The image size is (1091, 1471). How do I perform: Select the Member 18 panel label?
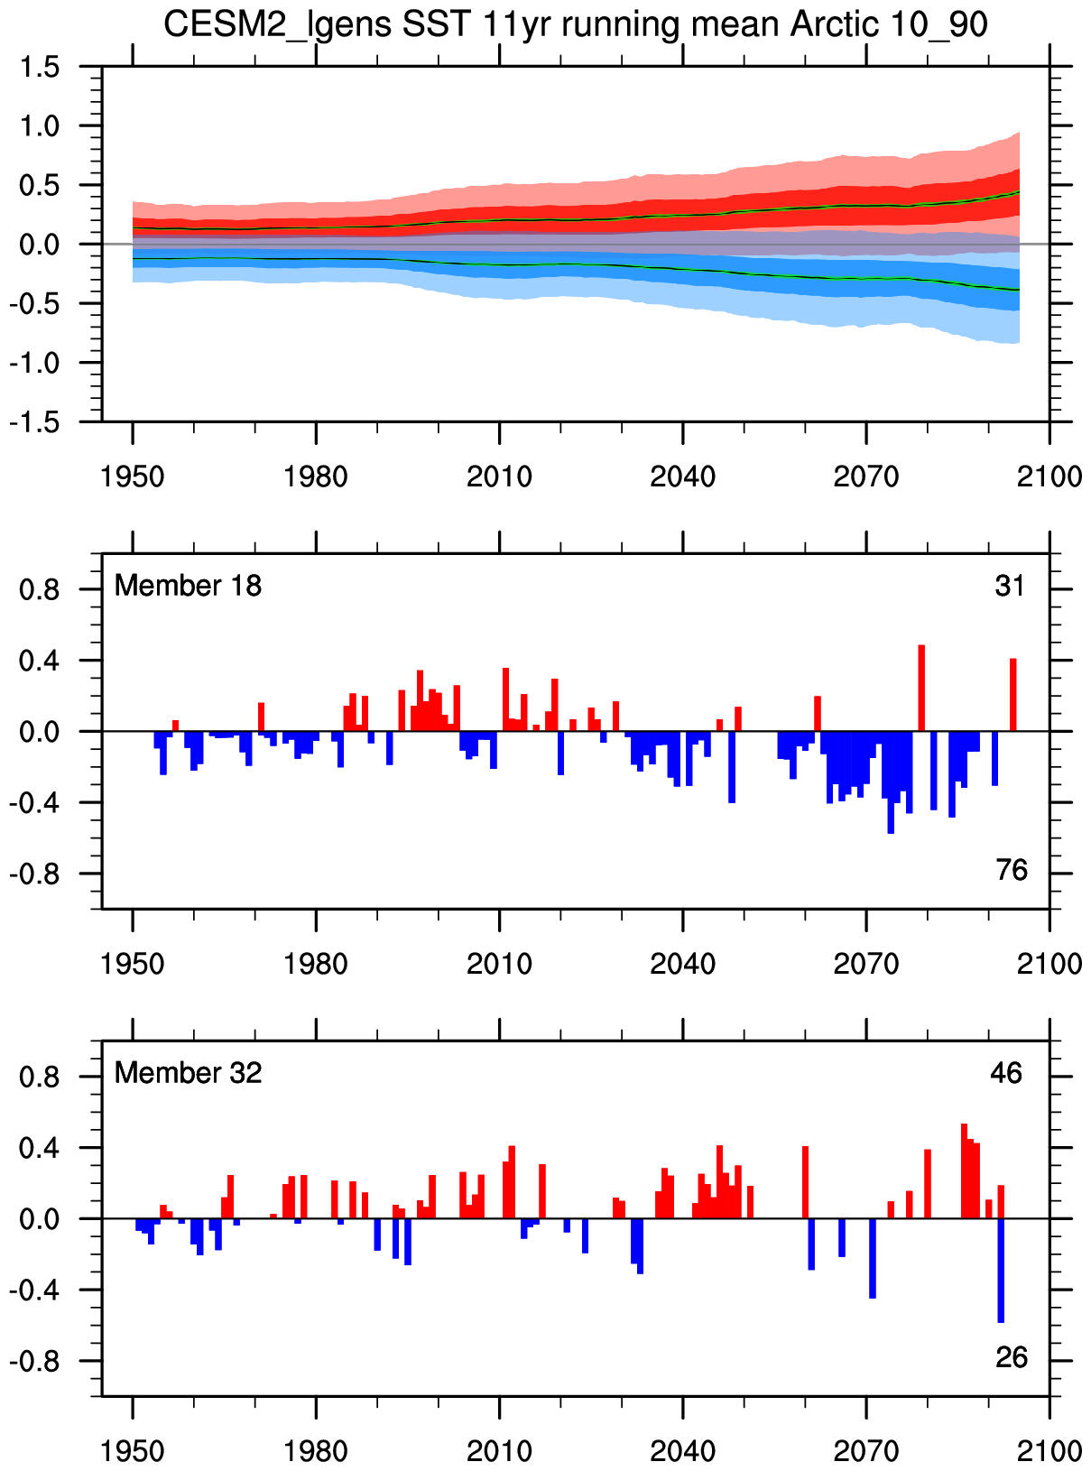click(x=188, y=586)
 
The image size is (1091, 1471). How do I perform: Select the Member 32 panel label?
click(x=188, y=1073)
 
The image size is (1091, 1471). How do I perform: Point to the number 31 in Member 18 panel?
click(x=1010, y=587)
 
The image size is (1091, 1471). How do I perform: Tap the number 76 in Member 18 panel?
click(x=1012, y=870)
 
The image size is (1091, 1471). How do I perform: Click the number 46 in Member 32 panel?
click(x=1006, y=1073)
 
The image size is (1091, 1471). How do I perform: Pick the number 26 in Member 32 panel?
click(x=1012, y=1357)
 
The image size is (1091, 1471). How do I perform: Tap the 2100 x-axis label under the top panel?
click(x=1049, y=476)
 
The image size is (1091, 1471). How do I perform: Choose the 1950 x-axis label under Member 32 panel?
click(x=133, y=1451)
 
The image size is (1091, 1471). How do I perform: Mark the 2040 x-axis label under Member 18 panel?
click(x=682, y=964)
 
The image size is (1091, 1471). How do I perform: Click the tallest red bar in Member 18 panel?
click(x=921, y=688)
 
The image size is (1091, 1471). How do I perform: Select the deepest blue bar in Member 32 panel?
click(x=1001, y=1270)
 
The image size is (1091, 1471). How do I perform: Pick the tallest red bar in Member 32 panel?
click(x=964, y=1170)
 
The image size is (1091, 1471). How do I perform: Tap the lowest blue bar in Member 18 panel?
click(x=891, y=782)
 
